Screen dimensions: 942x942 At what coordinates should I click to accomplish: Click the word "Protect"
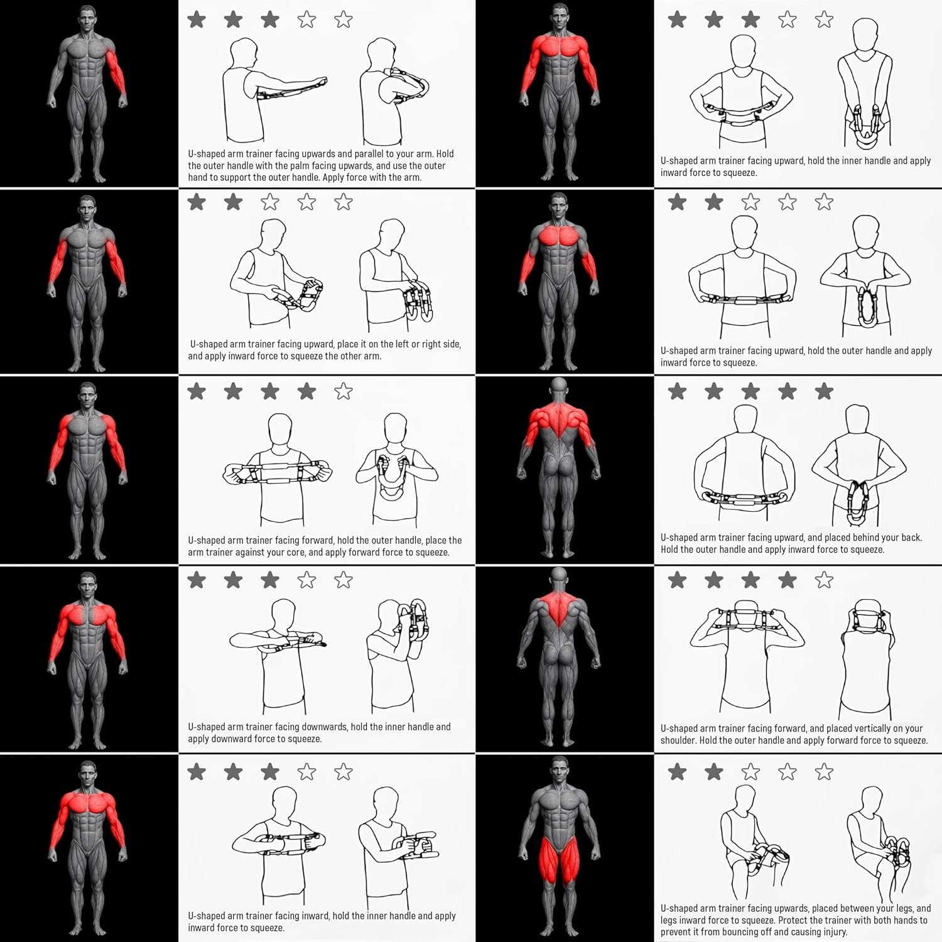793,920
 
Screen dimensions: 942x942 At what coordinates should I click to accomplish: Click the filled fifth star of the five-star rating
824,392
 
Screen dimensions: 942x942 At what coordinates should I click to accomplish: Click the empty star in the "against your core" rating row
343,392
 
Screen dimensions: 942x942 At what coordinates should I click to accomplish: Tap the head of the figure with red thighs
559,770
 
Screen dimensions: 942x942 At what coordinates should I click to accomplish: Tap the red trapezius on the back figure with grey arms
558,607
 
